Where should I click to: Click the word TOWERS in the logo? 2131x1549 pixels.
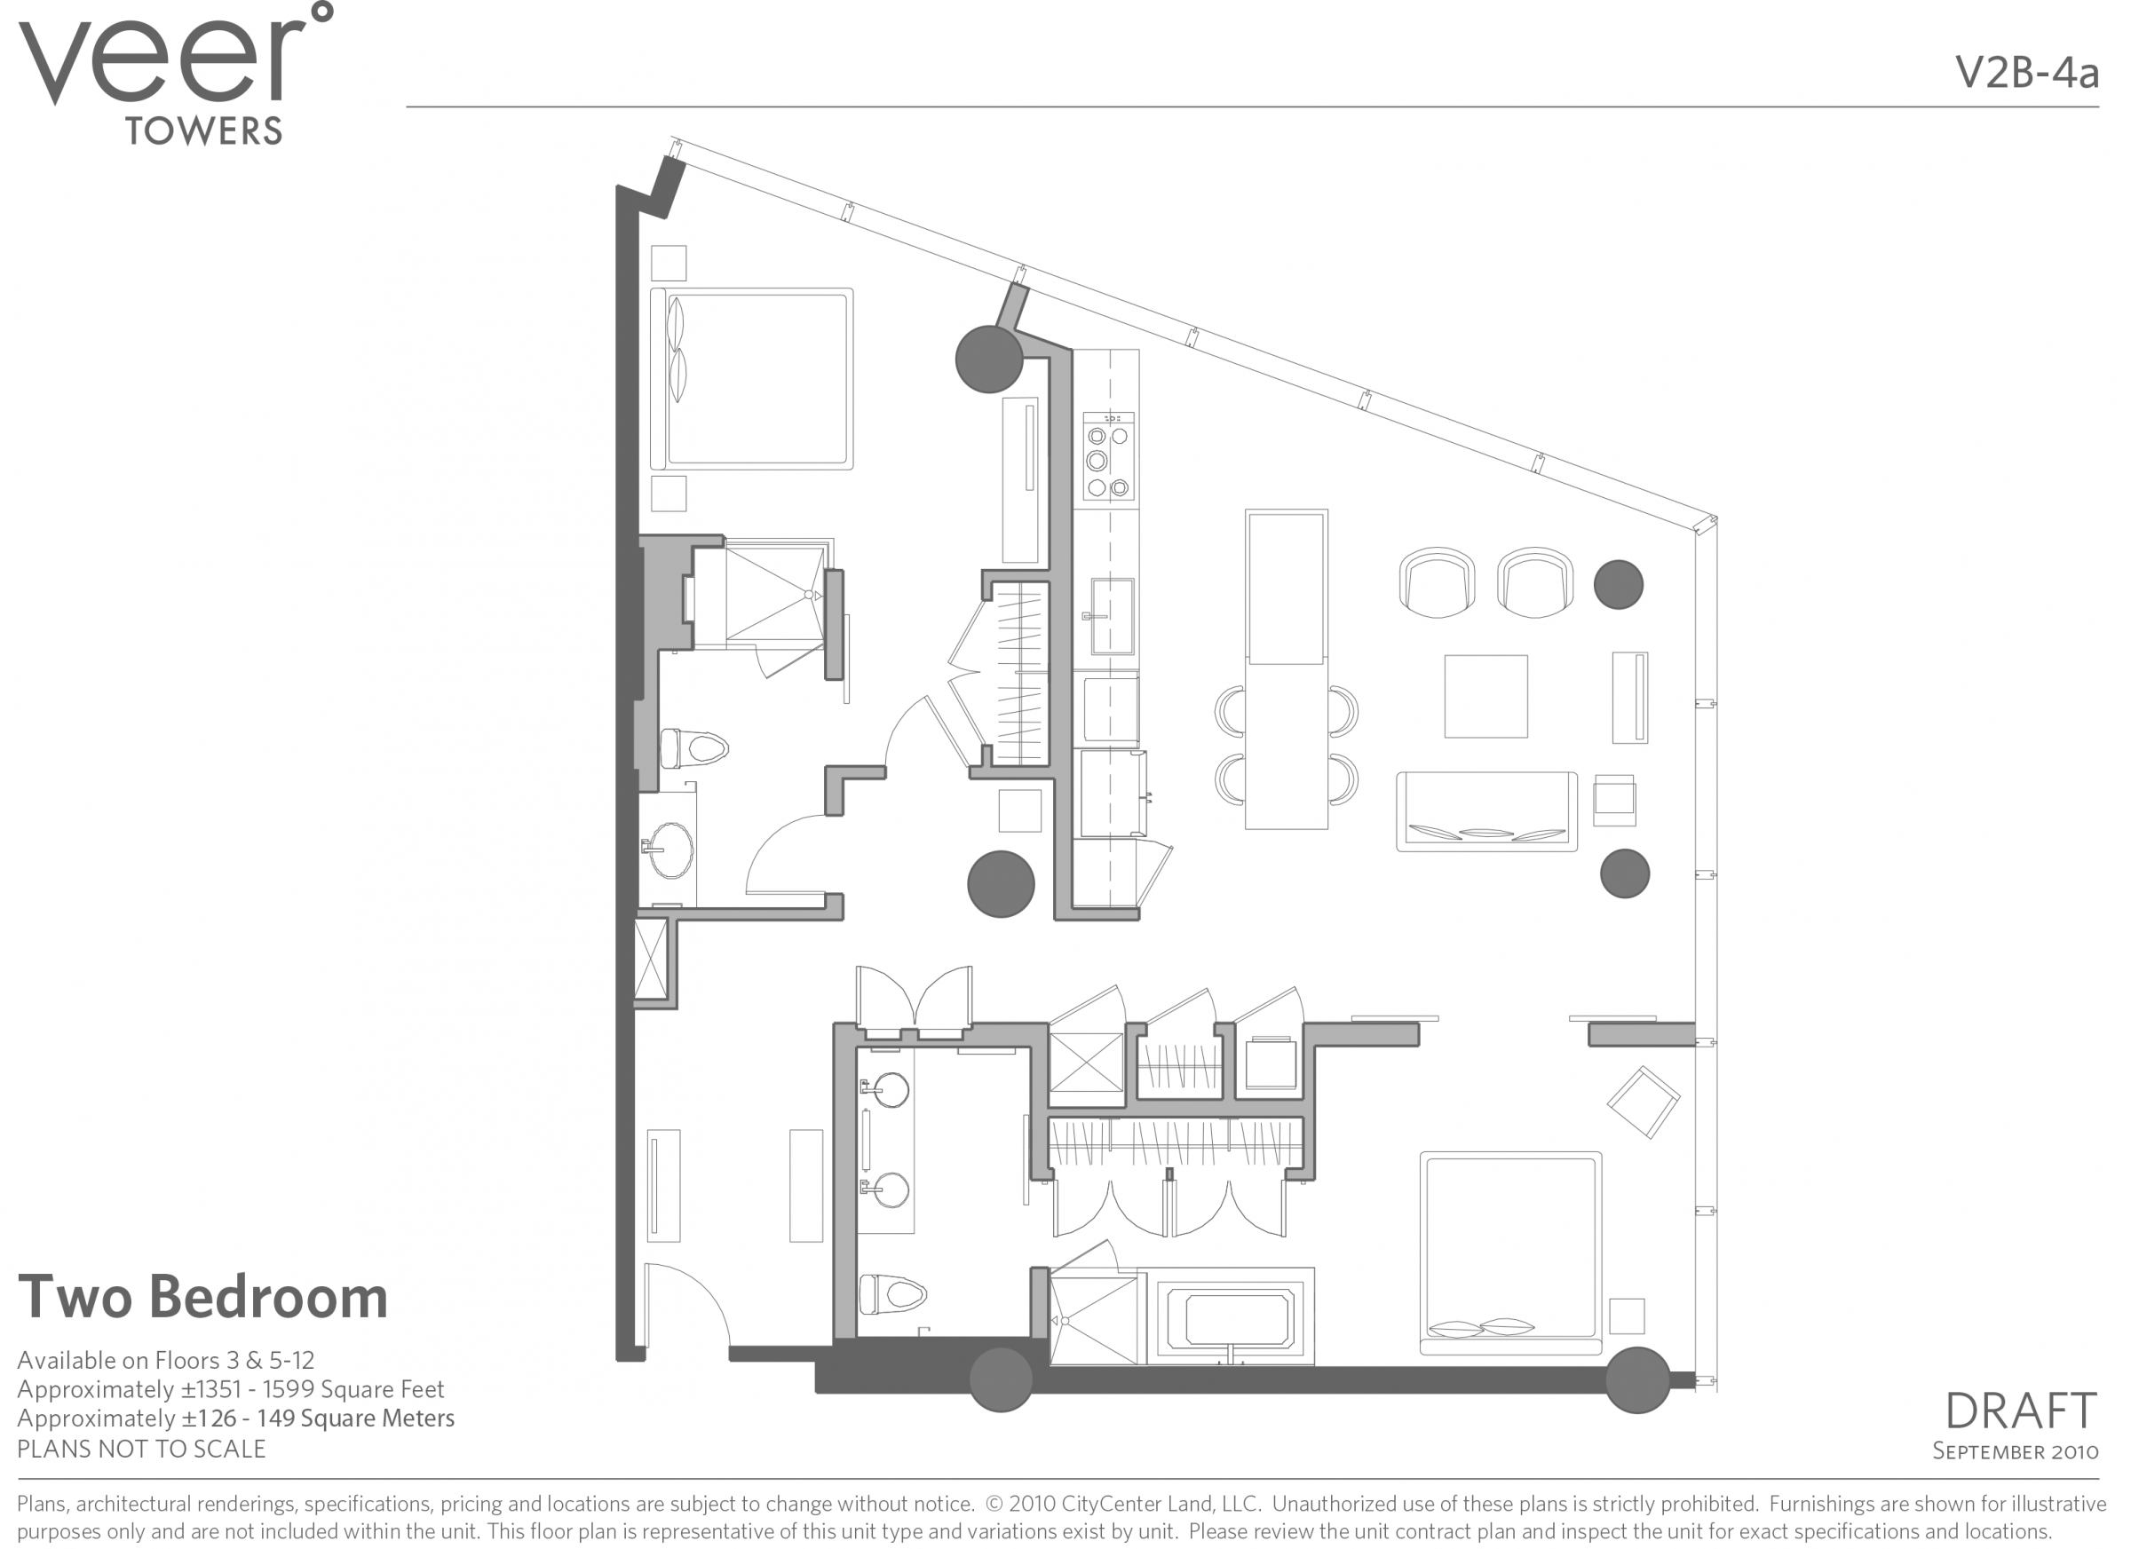tap(203, 131)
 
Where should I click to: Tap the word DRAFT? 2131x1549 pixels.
tap(2019, 1411)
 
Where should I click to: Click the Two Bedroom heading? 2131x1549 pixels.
tap(203, 1297)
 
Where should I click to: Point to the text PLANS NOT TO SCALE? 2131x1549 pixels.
tap(141, 1449)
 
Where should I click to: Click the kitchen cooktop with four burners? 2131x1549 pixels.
tap(1108, 456)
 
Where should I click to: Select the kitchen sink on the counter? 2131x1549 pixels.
tap(1112, 616)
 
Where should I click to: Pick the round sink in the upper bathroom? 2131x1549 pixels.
tap(671, 850)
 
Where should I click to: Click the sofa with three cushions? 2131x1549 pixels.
tap(1486, 811)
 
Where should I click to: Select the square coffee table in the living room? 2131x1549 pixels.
tap(1485, 696)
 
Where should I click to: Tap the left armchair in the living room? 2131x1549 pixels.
tap(1436, 582)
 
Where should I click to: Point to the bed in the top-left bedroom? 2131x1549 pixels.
tap(752, 378)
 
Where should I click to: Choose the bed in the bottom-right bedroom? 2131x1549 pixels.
tap(1510, 1253)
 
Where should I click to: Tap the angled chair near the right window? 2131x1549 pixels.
tap(1644, 1102)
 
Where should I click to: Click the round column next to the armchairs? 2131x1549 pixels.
tap(1618, 584)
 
